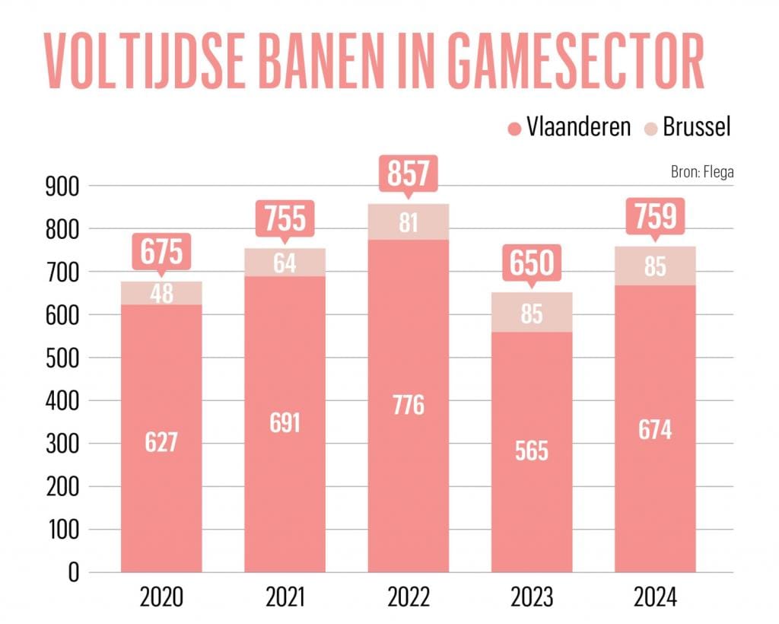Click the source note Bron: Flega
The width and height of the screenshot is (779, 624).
(x=702, y=171)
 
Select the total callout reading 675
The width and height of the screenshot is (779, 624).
(x=161, y=250)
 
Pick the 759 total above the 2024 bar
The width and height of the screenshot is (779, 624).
(x=655, y=217)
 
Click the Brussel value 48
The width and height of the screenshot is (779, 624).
(x=161, y=294)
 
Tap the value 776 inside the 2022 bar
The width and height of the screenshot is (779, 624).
(x=408, y=405)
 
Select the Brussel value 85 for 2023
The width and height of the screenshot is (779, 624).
(x=532, y=313)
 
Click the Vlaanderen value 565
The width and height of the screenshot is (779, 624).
(x=532, y=450)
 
